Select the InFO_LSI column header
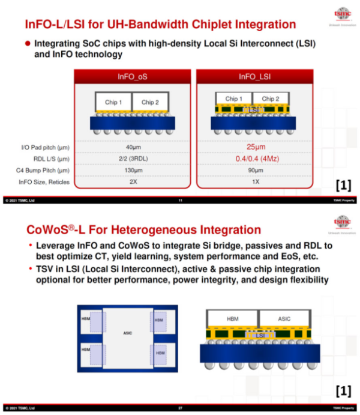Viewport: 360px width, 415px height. coord(254,77)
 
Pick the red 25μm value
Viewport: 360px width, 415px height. coord(254,147)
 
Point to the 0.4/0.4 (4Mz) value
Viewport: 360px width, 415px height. coord(254,159)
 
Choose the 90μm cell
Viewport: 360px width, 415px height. coord(254,170)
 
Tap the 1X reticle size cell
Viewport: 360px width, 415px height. coord(254,181)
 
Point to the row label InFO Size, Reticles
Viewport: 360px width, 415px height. coord(44,181)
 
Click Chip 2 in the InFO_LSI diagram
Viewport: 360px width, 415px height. coord(271,98)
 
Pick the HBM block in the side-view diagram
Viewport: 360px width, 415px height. coord(233,318)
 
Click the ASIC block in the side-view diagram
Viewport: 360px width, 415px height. coord(283,318)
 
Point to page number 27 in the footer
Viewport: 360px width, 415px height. coord(180,408)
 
